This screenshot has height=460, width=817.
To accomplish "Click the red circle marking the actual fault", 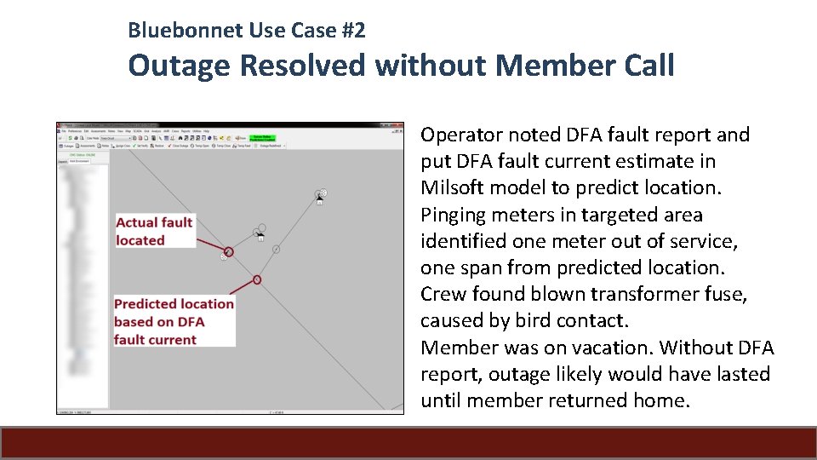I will (x=228, y=251).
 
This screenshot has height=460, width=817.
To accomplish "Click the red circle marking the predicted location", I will (x=257, y=279).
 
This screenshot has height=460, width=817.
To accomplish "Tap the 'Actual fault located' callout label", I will (x=154, y=231).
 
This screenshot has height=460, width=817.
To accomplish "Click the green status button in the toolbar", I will (x=266, y=137).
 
